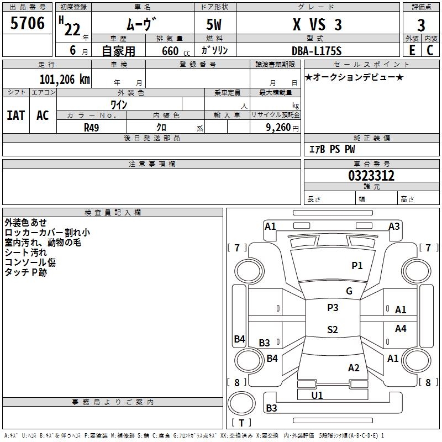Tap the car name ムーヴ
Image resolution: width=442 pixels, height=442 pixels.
tap(142, 24)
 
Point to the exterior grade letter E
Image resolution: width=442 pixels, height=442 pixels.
tap(412, 50)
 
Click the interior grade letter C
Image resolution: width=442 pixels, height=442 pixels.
tap(430, 50)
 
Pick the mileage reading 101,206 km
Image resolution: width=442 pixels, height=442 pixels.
tap(65, 79)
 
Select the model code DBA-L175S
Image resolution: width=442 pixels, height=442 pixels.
tap(317, 51)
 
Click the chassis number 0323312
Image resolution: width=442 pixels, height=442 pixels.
tap(371, 176)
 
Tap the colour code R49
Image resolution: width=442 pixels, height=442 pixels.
tap(91, 127)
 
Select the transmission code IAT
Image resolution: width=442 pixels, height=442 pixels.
tap(15, 115)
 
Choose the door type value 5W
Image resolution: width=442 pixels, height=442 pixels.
tap(215, 25)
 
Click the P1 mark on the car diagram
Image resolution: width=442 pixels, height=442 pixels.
tap(357, 266)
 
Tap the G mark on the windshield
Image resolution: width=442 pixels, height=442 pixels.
tap(349, 291)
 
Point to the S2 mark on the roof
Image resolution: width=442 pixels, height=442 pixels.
tap(332, 330)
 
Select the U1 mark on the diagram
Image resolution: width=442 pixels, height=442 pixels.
tap(317, 395)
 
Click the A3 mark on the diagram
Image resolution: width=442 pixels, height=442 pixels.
tap(394, 227)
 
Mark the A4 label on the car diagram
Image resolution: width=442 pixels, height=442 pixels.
tap(401, 329)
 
